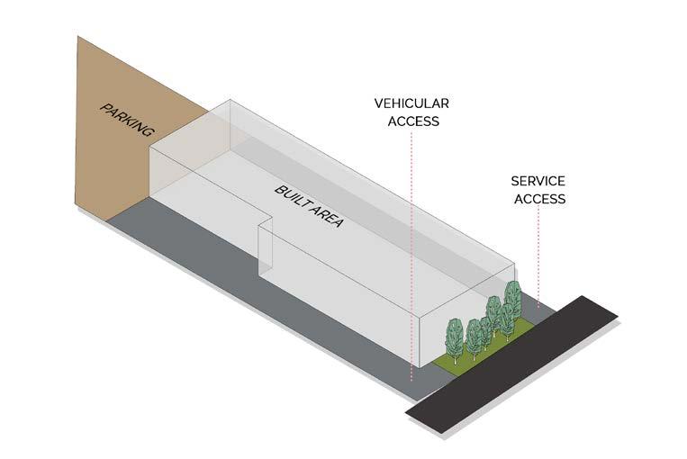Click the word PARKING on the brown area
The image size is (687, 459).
[127, 121]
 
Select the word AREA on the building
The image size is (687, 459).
[327, 217]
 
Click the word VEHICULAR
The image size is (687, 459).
[411, 103]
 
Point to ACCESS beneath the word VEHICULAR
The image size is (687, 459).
[413, 121]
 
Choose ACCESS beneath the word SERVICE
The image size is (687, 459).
[539, 198]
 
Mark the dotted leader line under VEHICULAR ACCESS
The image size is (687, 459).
[411, 252]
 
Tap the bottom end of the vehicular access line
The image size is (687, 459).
[411, 379]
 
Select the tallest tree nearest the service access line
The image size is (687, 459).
[512, 300]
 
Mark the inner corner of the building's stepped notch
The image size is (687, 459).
[259, 223]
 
